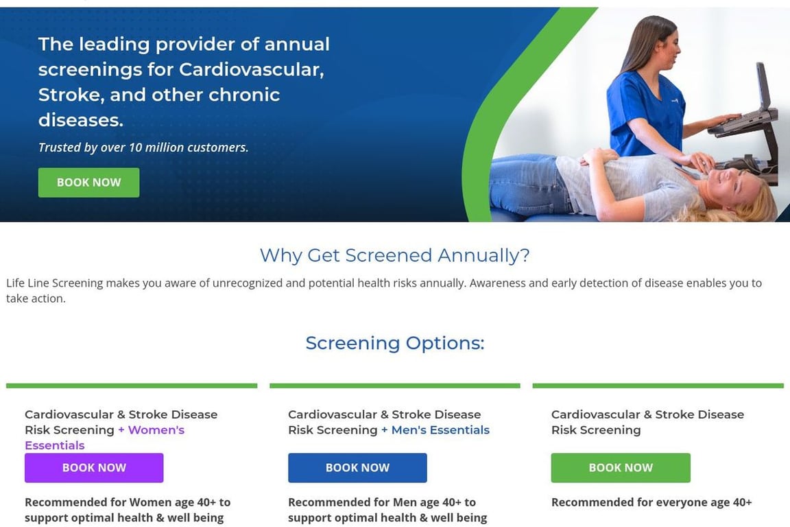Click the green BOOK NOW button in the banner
(88, 183)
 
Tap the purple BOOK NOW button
(94, 468)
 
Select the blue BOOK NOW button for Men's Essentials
(357, 468)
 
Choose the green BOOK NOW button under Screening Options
(621, 468)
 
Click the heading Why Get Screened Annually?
(394, 255)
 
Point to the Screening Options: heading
(394, 342)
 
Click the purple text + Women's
(151, 430)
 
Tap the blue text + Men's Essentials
(435, 430)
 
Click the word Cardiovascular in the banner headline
(251, 69)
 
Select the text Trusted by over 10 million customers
(143, 148)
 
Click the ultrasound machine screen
(763, 86)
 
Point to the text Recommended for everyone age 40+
(651, 502)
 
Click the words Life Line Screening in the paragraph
(55, 283)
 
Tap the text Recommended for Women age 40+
(128, 502)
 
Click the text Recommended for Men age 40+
(382, 502)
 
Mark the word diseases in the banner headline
(80, 120)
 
